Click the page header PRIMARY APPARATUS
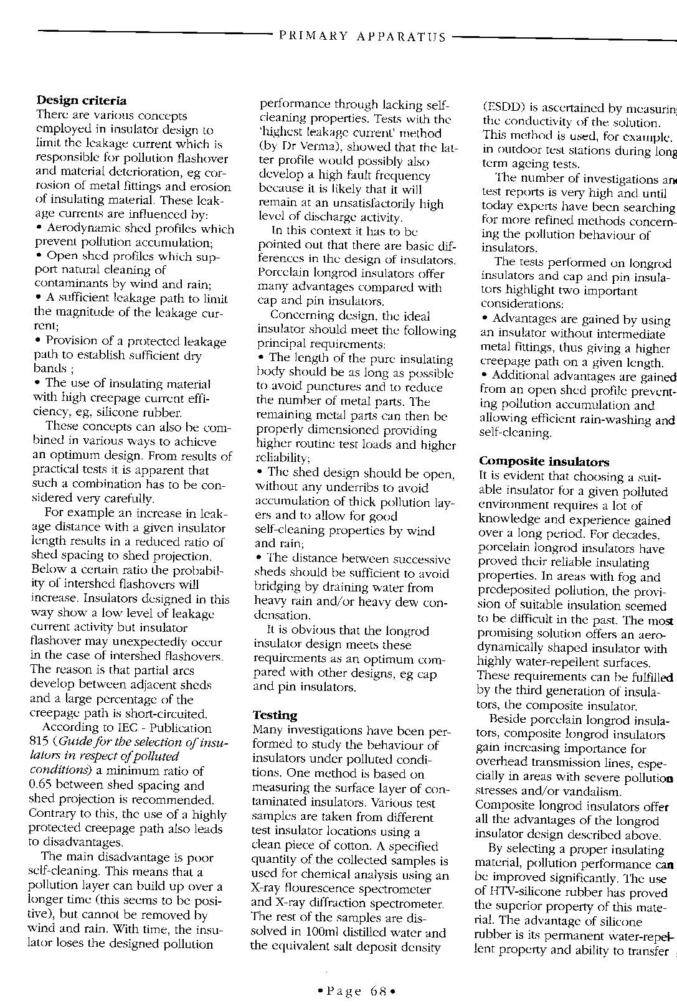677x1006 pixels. (362, 36)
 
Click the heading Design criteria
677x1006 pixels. (82, 100)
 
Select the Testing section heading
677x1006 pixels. (275, 715)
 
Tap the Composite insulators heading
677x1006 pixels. (544, 461)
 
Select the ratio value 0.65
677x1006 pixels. (40, 785)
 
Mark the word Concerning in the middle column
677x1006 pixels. (299, 316)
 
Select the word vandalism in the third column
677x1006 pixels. (592, 792)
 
